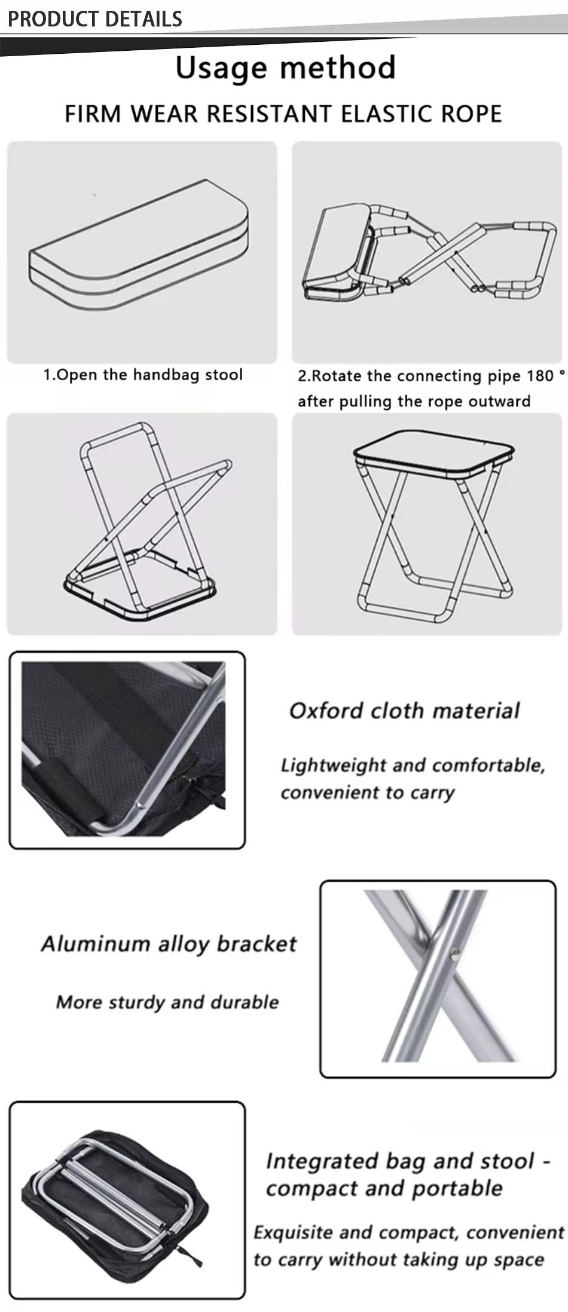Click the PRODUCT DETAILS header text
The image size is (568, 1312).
94,19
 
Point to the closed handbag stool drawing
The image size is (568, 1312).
139,245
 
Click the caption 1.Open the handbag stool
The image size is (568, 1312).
143,375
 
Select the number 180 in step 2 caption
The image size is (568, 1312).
540,375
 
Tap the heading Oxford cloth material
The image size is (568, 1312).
404,710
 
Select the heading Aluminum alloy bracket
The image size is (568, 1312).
169,943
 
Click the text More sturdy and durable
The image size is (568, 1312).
167,1001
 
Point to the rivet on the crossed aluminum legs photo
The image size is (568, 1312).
455,953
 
